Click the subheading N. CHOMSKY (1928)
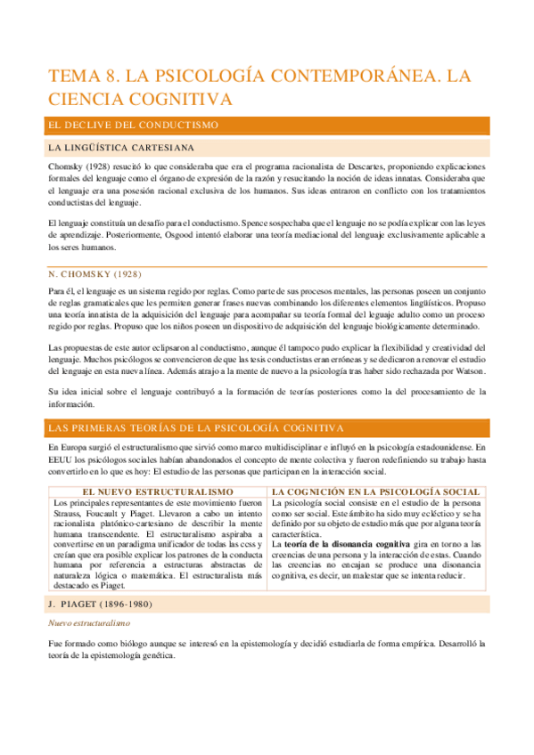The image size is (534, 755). pos(96,273)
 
